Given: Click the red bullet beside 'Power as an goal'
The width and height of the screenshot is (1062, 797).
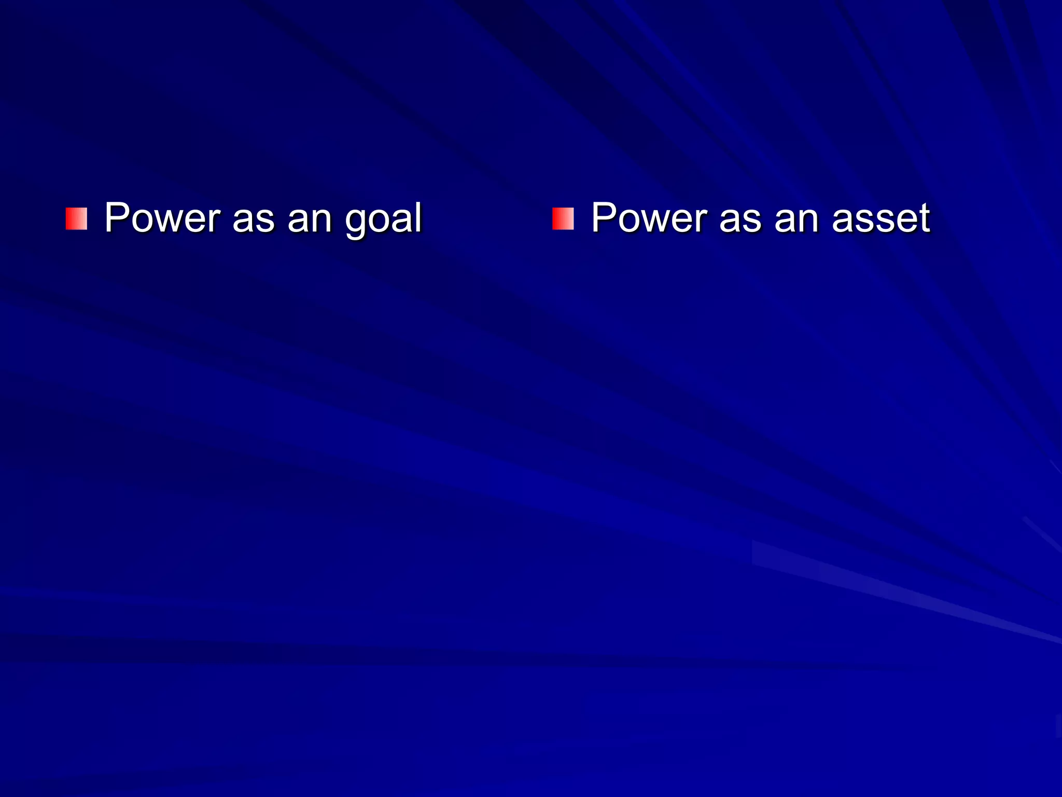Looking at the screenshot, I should click(x=76, y=218).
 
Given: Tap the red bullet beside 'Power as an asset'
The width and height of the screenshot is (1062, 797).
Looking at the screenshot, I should click(x=563, y=218).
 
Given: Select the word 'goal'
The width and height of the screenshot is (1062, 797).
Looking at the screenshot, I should click(x=383, y=219).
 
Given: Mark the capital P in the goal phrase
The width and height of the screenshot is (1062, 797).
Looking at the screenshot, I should click(x=116, y=217).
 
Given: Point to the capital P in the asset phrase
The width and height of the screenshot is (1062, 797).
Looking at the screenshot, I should click(x=603, y=217).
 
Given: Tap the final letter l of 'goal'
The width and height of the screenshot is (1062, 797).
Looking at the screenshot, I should click(x=418, y=217).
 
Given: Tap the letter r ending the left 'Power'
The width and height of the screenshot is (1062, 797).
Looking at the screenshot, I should click(x=215, y=220).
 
